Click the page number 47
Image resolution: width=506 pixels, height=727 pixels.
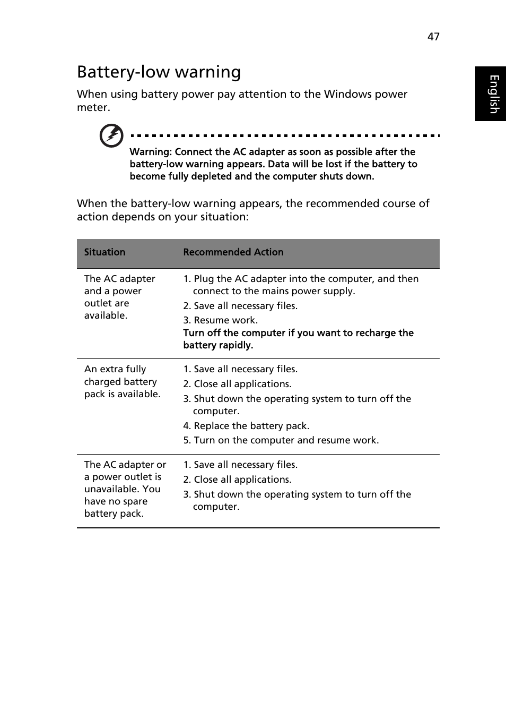(x=433, y=37)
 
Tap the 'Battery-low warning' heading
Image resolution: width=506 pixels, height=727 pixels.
(x=159, y=72)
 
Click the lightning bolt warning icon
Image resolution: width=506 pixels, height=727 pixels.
(x=111, y=136)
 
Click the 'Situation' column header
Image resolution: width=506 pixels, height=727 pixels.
(x=104, y=252)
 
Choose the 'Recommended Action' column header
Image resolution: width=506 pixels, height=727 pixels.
(x=233, y=252)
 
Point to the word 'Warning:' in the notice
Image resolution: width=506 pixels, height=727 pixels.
(x=151, y=152)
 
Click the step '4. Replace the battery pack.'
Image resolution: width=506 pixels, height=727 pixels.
(x=246, y=426)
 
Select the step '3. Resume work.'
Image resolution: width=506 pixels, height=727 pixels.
(x=221, y=320)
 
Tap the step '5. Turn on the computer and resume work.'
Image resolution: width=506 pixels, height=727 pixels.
(x=281, y=440)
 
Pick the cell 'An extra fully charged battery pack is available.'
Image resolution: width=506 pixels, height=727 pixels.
(x=122, y=381)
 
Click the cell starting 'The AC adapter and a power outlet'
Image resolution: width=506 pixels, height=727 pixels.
(x=119, y=297)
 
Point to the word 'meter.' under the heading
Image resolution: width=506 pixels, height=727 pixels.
(x=93, y=107)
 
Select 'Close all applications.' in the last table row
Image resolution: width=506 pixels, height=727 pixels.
(x=242, y=480)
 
